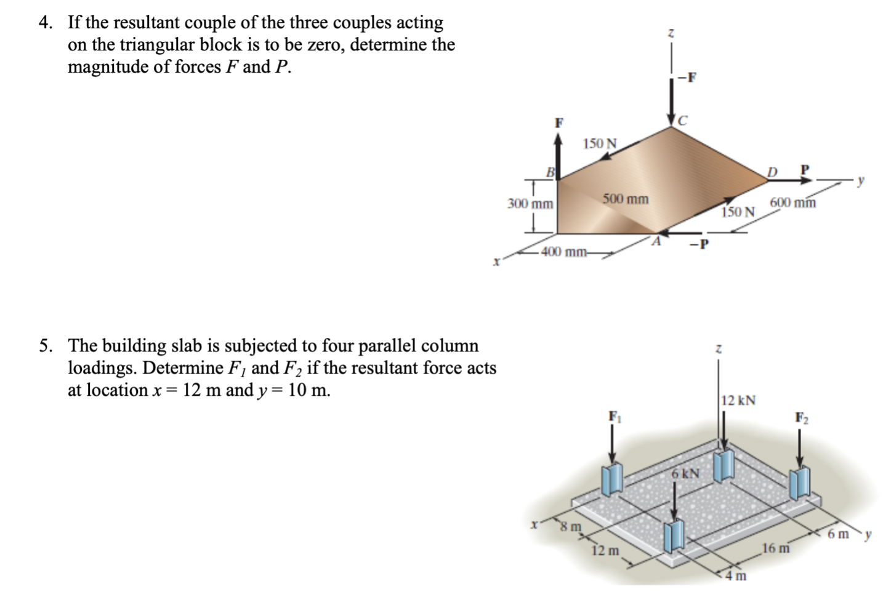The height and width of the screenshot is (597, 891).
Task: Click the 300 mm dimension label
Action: point(530,204)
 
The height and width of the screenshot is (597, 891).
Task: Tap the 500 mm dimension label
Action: point(625,199)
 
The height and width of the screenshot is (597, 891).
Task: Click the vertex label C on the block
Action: point(681,121)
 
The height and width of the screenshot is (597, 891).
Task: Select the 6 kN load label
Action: point(685,474)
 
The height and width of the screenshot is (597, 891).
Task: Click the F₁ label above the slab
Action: point(614,415)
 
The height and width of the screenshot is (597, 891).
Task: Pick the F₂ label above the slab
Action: point(800,417)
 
